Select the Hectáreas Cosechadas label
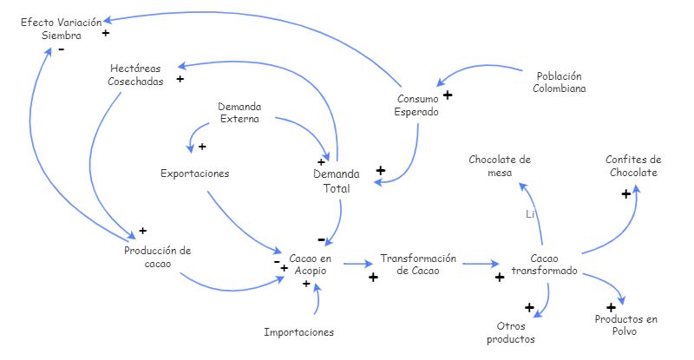point(136,75)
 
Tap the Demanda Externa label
point(239,113)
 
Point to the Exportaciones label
point(195,173)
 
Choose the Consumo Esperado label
point(416,105)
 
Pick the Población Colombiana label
point(559,82)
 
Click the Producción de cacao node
point(157,257)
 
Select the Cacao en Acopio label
point(310,265)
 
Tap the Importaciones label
point(298,331)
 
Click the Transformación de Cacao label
point(417,265)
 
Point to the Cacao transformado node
point(544,265)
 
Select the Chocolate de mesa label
point(500,166)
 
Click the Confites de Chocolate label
point(633,166)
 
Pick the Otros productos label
point(510,332)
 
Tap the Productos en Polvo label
point(625,325)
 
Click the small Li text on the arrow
point(530,213)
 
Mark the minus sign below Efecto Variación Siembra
point(61,50)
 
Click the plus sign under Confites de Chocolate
point(625,194)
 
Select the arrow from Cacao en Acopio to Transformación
point(356,263)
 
